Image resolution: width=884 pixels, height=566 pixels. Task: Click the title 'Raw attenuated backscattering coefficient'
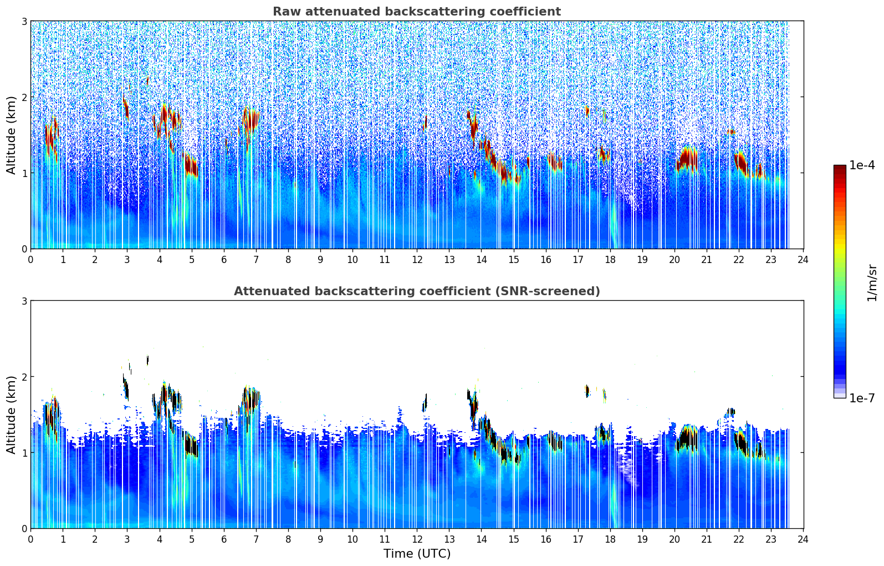(x=416, y=12)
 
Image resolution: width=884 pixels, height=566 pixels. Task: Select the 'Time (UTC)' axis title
(x=417, y=554)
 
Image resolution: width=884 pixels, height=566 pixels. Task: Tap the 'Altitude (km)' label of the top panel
(x=12, y=135)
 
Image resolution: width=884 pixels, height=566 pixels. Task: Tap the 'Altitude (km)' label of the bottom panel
(x=12, y=415)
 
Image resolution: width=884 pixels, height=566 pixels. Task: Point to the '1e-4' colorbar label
(x=862, y=165)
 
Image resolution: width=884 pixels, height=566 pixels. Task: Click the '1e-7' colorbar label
(x=862, y=398)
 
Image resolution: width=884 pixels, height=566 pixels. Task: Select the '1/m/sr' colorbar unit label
(x=872, y=282)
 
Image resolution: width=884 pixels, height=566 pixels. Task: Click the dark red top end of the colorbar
(x=839, y=168)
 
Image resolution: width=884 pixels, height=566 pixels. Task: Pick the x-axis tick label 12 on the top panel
(x=417, y=260)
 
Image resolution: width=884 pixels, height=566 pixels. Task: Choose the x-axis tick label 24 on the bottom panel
(x=803, y=539)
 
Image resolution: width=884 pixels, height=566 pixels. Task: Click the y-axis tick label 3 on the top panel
(x=24, y=21)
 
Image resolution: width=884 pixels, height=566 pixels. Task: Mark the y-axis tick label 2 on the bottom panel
(x=24, y=377)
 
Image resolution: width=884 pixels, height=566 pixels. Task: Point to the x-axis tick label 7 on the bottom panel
(x=256, y=539)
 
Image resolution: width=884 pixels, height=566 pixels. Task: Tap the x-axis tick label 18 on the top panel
(x=610, y=260)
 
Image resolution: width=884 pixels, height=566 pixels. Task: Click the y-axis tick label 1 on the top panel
(x=24, y=173)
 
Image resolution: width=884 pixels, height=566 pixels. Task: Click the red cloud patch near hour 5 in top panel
(x=191, y=166)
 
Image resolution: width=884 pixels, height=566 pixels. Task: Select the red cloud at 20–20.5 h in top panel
(x=687, y=159)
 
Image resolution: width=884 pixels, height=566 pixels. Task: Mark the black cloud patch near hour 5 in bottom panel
(x=191, y=446)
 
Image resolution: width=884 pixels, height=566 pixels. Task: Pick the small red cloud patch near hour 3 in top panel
(x=126, y=107)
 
